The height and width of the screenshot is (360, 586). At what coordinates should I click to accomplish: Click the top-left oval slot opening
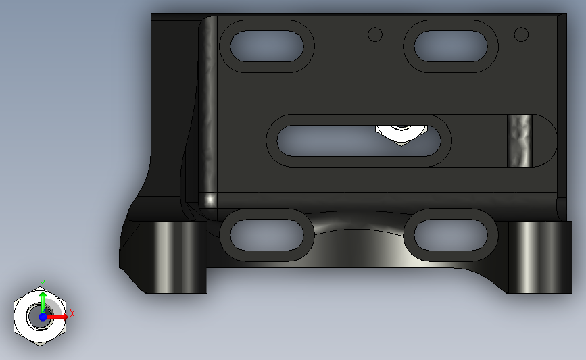[267, 47]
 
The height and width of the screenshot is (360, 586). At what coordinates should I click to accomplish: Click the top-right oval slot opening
[451, 47]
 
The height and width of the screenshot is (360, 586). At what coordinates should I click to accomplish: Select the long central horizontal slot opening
[359, 140]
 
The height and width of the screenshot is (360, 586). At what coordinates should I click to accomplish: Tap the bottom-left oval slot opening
[267, 235]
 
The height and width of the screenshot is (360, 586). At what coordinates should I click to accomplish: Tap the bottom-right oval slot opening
[451, 235]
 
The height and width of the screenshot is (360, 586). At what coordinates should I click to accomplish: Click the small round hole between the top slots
[375, 34]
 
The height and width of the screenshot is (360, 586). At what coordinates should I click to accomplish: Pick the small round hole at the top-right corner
[521, 34]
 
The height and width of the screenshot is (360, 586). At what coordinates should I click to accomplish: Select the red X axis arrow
[57, 317]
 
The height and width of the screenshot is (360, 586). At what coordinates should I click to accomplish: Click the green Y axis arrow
[43, 303]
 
